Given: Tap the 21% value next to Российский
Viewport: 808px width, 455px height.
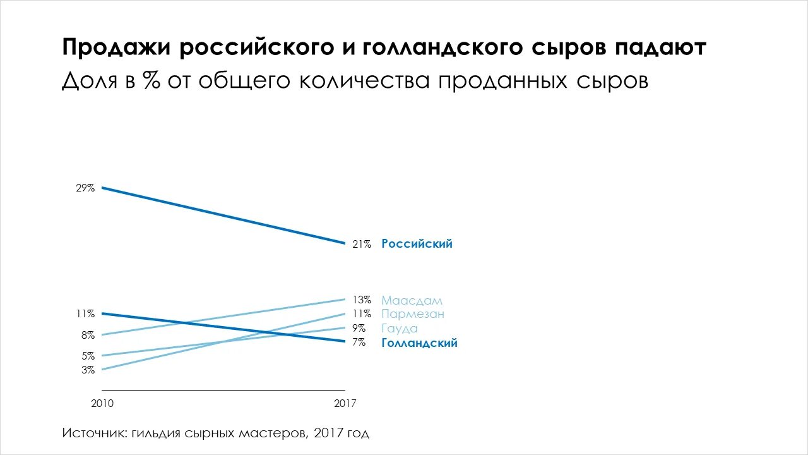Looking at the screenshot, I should (362, 244).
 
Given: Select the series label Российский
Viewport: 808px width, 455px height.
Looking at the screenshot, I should (417, 244).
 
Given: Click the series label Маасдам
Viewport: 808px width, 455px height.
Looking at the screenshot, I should (412, 300).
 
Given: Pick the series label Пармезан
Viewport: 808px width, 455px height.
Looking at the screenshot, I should (413, 314).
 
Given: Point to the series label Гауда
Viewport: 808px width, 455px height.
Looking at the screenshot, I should (400, 329).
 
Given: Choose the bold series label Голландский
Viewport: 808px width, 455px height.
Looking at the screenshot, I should (419, 343).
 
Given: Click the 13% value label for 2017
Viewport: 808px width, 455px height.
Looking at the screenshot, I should (362, 300).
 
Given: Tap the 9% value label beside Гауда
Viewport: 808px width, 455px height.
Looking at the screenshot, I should (359, 329).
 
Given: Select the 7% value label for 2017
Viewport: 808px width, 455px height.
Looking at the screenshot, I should (359, 343).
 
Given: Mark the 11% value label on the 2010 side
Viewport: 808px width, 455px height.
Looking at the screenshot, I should (86, 313).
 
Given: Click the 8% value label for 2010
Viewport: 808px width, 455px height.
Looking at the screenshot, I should (88, 336).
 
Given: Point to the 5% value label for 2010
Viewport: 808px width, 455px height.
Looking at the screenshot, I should (88, 356).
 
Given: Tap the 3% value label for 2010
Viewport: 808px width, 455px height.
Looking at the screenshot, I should (88, 370).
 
